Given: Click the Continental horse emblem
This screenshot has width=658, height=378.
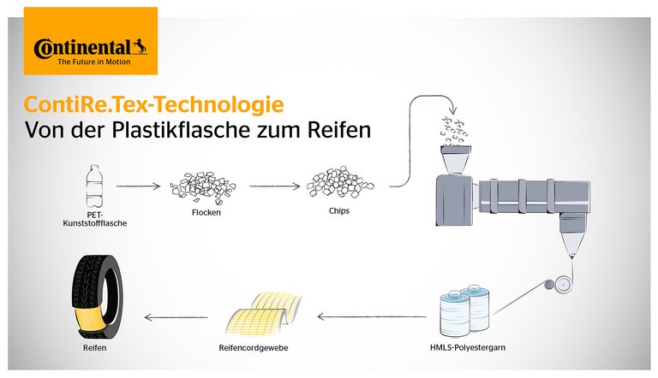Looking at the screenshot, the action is click(141, 46).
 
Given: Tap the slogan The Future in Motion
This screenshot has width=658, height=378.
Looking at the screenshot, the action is click(94, 62).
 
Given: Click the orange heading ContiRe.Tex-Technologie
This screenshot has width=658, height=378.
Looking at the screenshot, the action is click(154, 104).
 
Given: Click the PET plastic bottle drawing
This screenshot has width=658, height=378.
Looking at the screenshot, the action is click(94, 186).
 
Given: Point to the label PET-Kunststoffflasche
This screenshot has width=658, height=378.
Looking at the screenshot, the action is click(95, 219).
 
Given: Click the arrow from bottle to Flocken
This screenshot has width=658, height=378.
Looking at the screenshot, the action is click(138, 186).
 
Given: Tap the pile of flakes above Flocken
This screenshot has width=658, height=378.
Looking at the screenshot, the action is click(203, 187).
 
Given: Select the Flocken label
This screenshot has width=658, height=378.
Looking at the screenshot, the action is click(206, 212).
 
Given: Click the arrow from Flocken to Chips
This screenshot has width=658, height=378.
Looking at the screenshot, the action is click(275, 186).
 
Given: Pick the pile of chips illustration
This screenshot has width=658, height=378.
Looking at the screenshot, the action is click(340, 183).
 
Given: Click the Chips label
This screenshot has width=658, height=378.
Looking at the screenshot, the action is click(339, 210).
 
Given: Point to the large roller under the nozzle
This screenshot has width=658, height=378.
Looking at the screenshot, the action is click(563, 284).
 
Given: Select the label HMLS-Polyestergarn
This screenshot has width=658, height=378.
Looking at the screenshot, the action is click(468, 347).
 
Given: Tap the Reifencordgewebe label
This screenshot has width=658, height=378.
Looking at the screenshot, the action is click(254, 348).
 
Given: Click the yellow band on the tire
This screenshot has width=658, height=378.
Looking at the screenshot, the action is click(89, 319).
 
